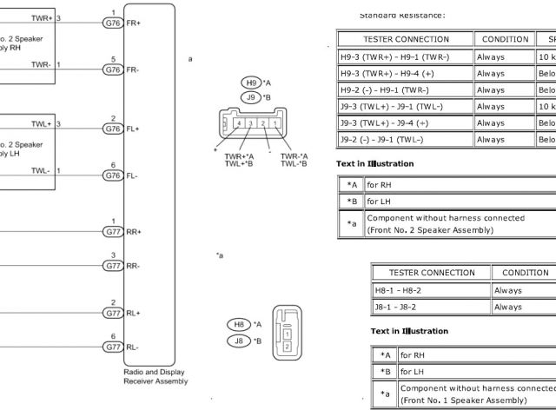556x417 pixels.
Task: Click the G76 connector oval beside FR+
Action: click(113, 22)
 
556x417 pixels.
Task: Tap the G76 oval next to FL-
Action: click(113, 175)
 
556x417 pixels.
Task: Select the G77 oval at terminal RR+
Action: click(113, 231)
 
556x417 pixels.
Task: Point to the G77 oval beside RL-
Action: click(113, 347)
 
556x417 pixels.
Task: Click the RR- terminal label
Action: click(134, 266)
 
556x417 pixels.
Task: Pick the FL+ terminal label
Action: click(133, 129)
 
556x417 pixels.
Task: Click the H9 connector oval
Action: click(251, 82)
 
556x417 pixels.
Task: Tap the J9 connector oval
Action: click(251, 97)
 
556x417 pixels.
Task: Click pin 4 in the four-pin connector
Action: click(238, 124)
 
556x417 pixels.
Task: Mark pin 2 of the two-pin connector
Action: click(287, 347)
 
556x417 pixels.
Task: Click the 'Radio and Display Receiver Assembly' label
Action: click(156, 375)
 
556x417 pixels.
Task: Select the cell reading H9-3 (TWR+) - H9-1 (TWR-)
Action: click(405, 56)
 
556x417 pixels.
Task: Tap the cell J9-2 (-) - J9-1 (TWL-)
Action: click(405, 139)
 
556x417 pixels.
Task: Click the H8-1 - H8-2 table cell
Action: click(431, 289)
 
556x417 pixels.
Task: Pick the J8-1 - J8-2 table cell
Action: click(431, 307)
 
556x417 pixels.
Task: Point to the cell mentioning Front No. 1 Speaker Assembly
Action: click(476, 394)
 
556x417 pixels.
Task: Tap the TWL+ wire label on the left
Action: click(42, 124)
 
